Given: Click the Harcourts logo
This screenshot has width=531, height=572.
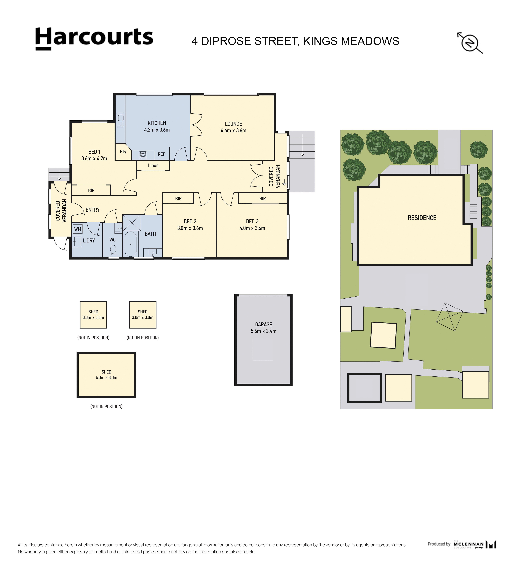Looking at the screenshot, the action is pyautogui.click(x=94, y=39).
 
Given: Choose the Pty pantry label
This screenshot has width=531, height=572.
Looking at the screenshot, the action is pyautogui.click(x=123, y=152).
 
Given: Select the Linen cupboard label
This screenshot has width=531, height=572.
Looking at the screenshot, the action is pyautogui.click(x=153, y=165).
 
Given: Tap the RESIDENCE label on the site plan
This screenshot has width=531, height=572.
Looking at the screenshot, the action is pyautogui.click(x=422, y=218).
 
